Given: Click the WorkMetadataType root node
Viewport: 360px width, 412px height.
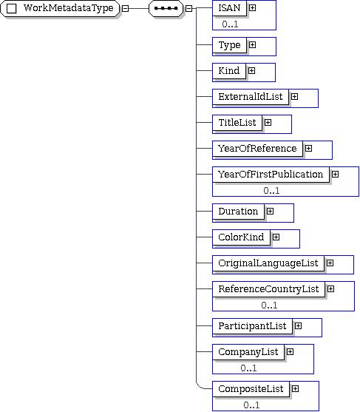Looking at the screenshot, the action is [x=60, y=8].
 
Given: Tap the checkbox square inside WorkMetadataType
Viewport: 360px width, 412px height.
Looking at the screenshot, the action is [x=11, y=8].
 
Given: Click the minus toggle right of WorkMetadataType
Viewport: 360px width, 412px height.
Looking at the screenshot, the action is [x=126, y=8].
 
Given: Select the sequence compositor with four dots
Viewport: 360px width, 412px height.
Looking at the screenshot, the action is [x=166, y=8].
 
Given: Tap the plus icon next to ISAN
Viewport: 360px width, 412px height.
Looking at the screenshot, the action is [x=252, y=8].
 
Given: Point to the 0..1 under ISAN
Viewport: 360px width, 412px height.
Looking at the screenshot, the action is [x=230, y=24].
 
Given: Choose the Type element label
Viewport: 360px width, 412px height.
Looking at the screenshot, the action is [x=229, y=45].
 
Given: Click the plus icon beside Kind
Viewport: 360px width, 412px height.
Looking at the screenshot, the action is [x=251, y=71].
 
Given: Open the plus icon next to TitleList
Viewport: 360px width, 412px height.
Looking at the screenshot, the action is [x=268, y=123].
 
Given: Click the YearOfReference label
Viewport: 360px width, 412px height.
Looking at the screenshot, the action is [x=257, y=149].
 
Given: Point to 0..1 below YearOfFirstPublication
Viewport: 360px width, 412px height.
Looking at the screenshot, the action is [x=271, y=191].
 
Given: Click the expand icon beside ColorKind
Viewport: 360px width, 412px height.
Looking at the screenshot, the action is [x=276, y=237].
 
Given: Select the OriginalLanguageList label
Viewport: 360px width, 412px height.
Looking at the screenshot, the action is [x=268, y=263].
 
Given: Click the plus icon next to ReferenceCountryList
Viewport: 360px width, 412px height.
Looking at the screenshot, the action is [x=331, y=289].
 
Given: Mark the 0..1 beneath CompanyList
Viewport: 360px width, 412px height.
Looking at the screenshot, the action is [x=248, y=368].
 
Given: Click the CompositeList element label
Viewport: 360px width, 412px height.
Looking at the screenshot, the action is [x=251, y=389].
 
